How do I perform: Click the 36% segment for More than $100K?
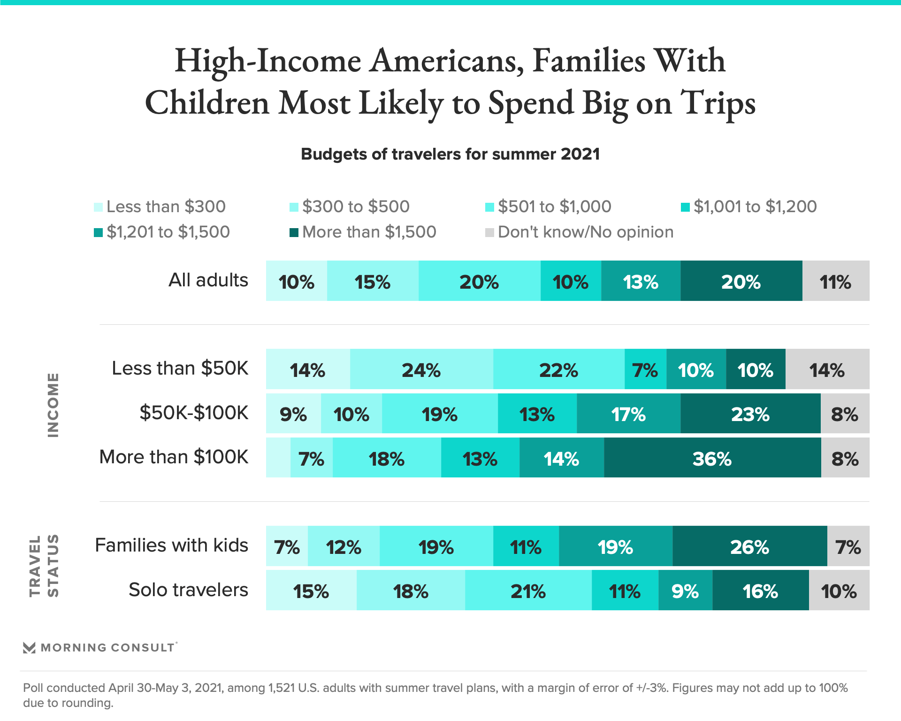712,458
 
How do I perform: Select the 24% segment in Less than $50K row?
421,369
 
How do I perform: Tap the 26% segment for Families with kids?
749,546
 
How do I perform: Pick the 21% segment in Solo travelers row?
528,590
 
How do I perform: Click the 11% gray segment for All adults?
836,281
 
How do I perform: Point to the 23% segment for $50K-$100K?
750,414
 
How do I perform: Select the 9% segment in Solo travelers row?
685,590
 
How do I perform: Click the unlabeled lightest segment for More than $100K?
278,458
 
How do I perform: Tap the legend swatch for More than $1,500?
294,233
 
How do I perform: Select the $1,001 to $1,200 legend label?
755,207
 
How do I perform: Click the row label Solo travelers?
188,590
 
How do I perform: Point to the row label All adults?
208,280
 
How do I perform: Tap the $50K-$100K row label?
193,413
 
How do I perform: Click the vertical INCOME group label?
53,405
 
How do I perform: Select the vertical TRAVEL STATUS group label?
44,566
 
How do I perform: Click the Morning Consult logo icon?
29,648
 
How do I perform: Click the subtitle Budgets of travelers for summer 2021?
450,154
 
